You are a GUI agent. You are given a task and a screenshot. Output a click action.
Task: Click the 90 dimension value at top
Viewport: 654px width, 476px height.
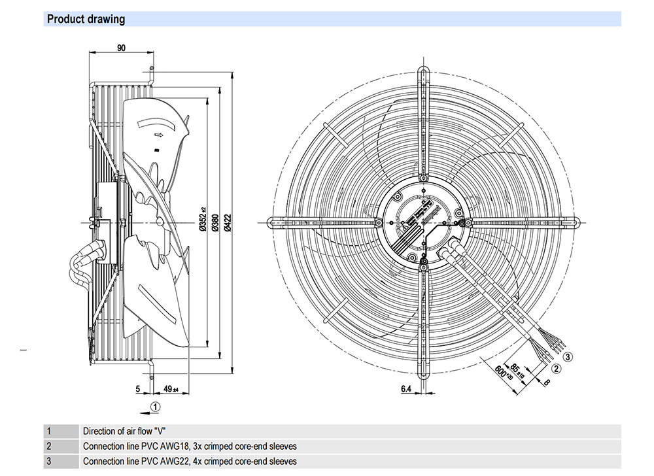tap(121, 48)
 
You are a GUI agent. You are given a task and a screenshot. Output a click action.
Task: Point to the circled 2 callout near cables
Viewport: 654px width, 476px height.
tap(555, 369)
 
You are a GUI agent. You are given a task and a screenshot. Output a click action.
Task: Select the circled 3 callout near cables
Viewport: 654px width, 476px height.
tap(568, 357)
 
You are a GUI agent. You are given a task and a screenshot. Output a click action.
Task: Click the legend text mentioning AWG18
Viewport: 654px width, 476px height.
tap(190, 447)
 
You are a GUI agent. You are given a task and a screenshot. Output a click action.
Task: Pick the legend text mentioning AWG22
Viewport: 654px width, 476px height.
tap(190, 462)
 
